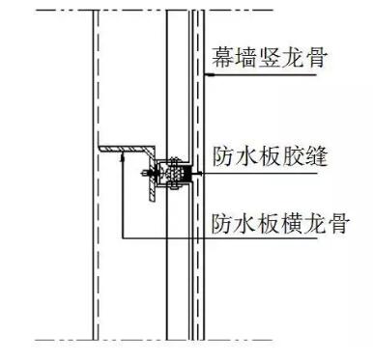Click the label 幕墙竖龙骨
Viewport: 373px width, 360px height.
(270, 58)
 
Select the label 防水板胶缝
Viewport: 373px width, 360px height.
(270, 156)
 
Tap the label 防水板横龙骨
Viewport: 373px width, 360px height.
(280, 224)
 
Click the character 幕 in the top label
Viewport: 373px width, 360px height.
(223, 58)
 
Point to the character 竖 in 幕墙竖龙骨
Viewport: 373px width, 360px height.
(270, 58)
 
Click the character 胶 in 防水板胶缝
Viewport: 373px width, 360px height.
(293, 156)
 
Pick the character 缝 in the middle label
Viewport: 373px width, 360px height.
(316, 156)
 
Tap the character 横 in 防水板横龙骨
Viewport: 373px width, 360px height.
(293, 224)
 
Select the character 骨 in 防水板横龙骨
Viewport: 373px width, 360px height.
(338, 224)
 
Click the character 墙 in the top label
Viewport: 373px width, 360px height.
(246, 58)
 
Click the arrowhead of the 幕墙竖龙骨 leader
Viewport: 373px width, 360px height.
(210, 75)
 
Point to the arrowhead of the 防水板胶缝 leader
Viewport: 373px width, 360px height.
(198, 174)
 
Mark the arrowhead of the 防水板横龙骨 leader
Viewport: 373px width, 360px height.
(123, 157)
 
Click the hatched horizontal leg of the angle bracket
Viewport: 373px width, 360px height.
(126, 149)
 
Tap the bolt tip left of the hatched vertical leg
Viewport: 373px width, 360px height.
(144, 174)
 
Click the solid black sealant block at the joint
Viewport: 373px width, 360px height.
(187, 174)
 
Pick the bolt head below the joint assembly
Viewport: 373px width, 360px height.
(174, 185)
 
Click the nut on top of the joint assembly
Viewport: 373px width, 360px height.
(174, 160)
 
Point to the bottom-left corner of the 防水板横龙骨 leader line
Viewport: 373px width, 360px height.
(123, 238)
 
